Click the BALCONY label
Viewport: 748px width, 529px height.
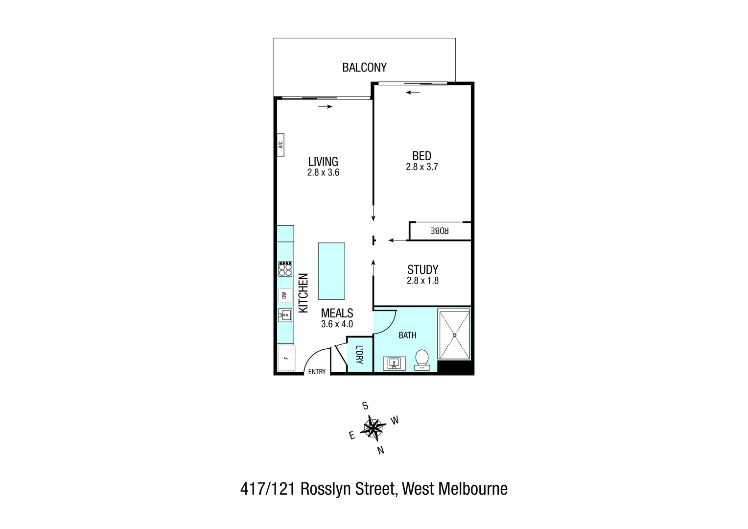click(x=364, y=68)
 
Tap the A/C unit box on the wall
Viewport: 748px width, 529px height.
click(x=280, y=145)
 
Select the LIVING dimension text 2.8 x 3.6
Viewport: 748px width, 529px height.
click(x=323, y=172)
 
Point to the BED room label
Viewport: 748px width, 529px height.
click(x=421, y=156)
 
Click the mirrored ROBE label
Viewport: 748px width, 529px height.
click(x=439, y=231)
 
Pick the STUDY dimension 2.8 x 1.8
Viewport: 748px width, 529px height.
click(x=422, y=281)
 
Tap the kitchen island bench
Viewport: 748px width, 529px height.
click(x=331, y=271)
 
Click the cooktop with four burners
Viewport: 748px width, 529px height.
click(x=285, y=269)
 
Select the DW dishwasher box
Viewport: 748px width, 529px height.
click(x=284, y=295)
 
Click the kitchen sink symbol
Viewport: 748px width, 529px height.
click(x=285, y=315)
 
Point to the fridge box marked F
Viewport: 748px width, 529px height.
click(x=286, y=358)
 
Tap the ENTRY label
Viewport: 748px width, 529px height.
click(x=317, y=372)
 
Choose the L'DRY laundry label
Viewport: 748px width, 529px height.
click(x=359, y=355)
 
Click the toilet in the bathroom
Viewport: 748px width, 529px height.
click(x=422, y=360)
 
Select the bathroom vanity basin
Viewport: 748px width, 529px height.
click(x=394, y=363)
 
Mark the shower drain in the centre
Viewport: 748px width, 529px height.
click(x=455, y=335)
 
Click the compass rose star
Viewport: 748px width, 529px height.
click(x=373, y=428)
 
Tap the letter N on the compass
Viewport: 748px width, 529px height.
click(x=380, y=451)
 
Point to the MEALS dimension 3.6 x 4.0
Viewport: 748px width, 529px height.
click(x=337, y=324)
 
